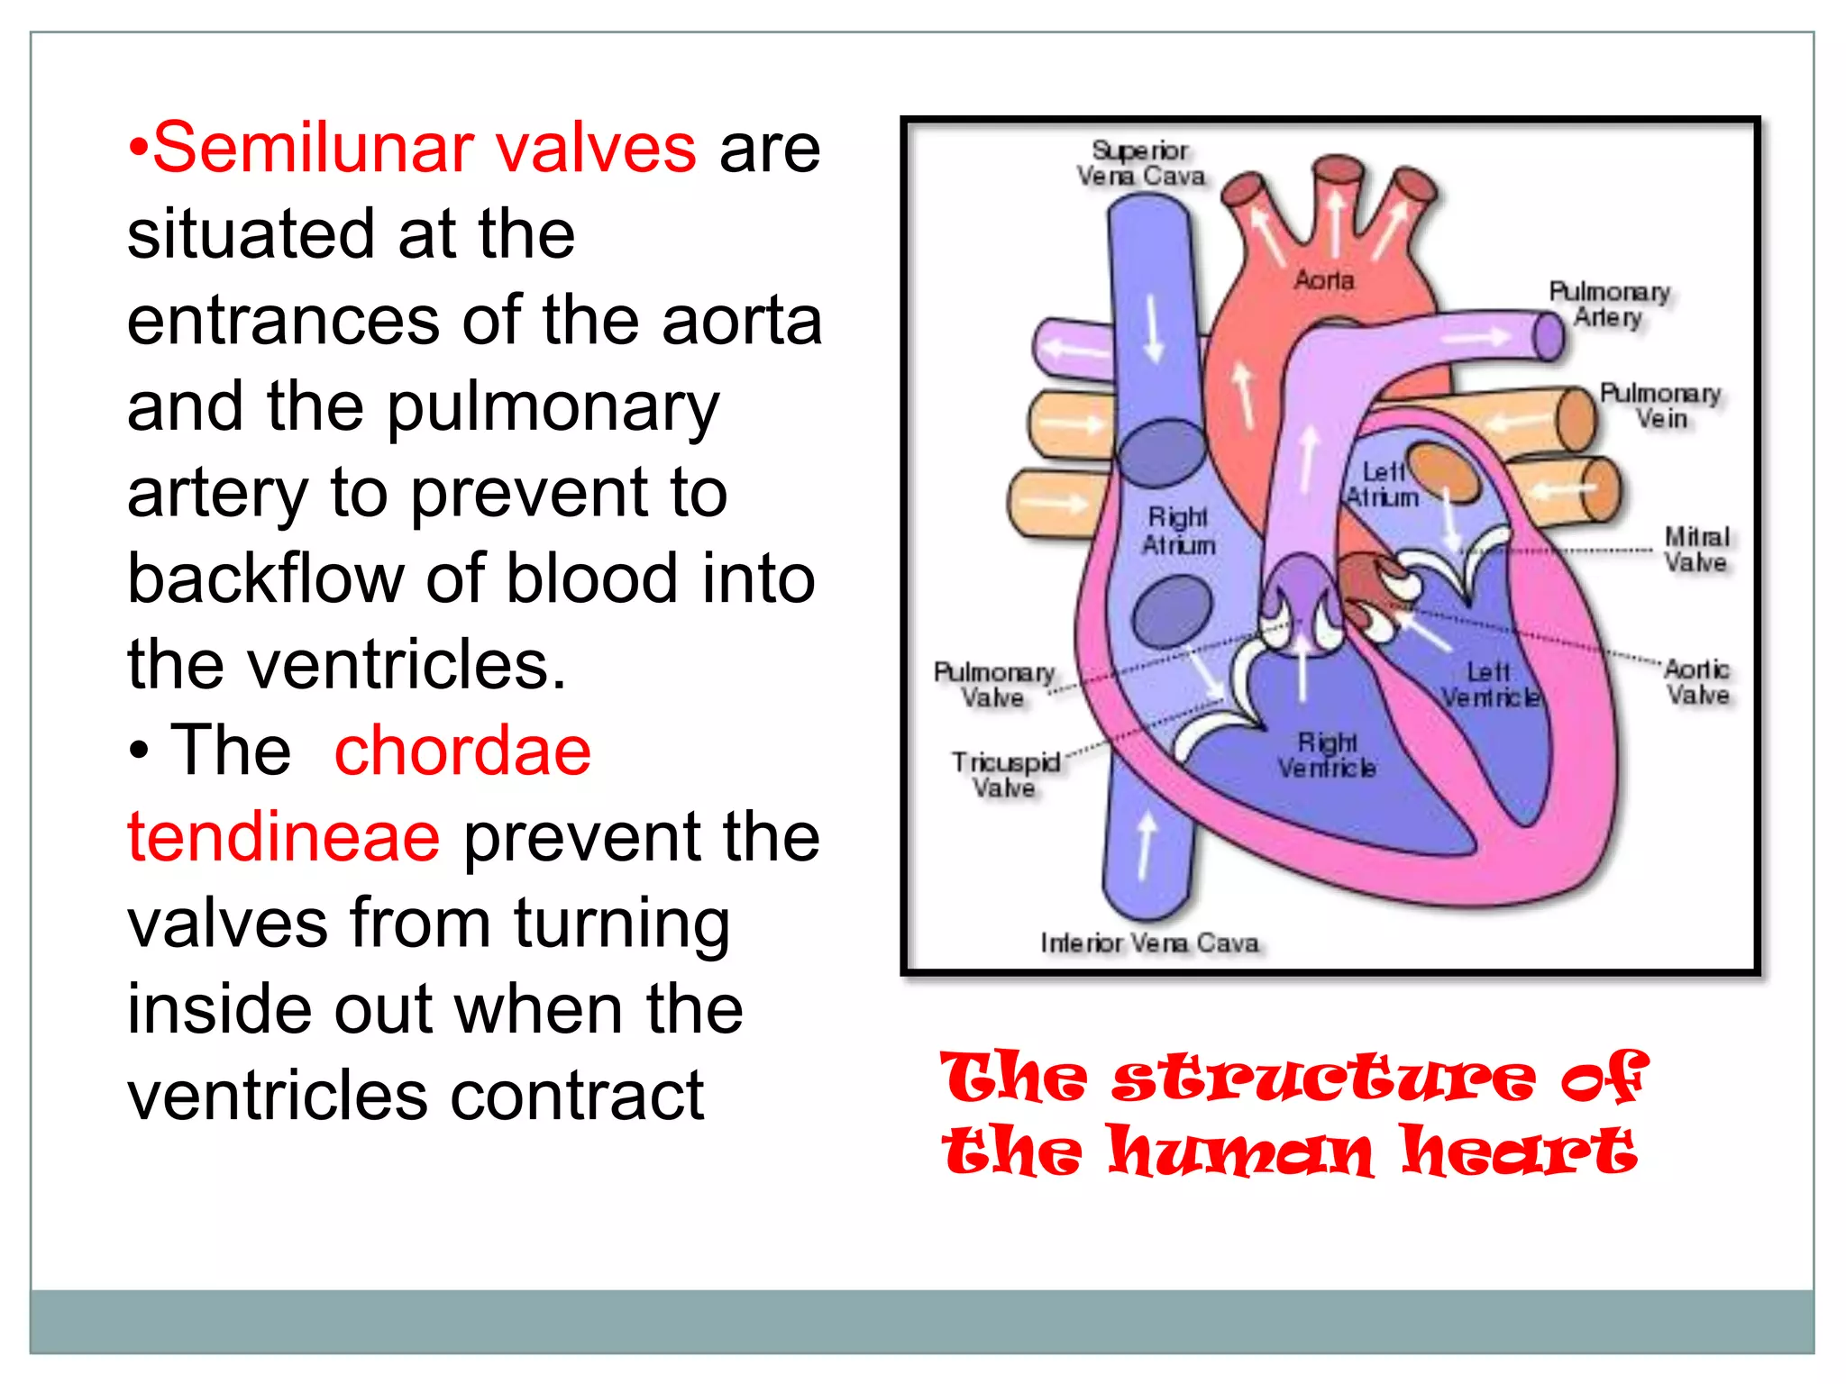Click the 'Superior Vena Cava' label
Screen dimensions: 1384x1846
point(1141,164)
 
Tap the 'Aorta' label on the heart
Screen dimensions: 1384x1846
point(1324,281)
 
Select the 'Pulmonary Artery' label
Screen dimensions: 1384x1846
point(1609,305)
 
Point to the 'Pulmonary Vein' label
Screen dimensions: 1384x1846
point(1660,406)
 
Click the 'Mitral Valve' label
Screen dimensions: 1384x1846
point(1695,550)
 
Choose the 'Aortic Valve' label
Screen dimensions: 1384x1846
point(1696,682)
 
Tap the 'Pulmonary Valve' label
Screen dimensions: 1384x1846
point(993,685)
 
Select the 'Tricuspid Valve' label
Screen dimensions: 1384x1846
point(1005,775)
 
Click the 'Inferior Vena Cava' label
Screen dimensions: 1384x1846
point(1149,943)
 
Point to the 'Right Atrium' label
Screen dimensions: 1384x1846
point(1178,531)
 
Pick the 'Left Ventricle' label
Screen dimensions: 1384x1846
point(1489,685)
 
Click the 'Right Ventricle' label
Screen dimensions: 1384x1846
point(1327,755)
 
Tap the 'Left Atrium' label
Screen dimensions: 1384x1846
point(1383,485)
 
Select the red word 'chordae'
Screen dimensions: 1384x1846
point(462,751)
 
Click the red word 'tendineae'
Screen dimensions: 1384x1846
point(284,837)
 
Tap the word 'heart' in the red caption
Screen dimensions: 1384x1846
point(1518,1152)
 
